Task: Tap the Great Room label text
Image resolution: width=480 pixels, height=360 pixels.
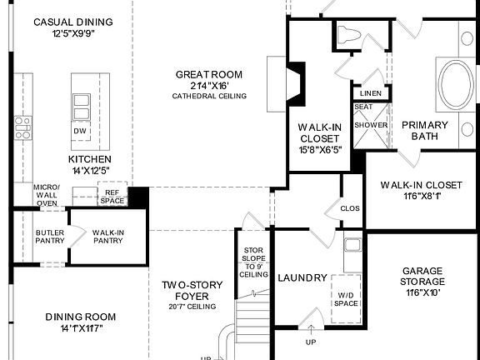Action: click(209, 75)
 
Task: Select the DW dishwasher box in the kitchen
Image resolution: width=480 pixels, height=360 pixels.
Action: click(80, 131)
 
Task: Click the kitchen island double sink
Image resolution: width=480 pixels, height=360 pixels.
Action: click(81, 107)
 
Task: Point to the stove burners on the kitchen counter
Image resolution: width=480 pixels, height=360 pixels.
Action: click(22, 127)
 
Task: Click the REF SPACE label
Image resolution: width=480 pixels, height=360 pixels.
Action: click(112, 196)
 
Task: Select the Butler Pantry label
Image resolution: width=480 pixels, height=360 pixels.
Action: click(50, 237)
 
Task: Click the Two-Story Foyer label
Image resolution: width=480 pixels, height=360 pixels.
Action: click(192, 290)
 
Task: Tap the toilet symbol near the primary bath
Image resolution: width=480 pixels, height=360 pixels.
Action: click(350, 36)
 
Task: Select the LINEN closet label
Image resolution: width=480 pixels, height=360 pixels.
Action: click(370, 92)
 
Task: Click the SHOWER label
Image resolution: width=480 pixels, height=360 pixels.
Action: click(371, 125)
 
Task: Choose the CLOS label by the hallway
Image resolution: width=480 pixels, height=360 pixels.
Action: click(350, 208)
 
